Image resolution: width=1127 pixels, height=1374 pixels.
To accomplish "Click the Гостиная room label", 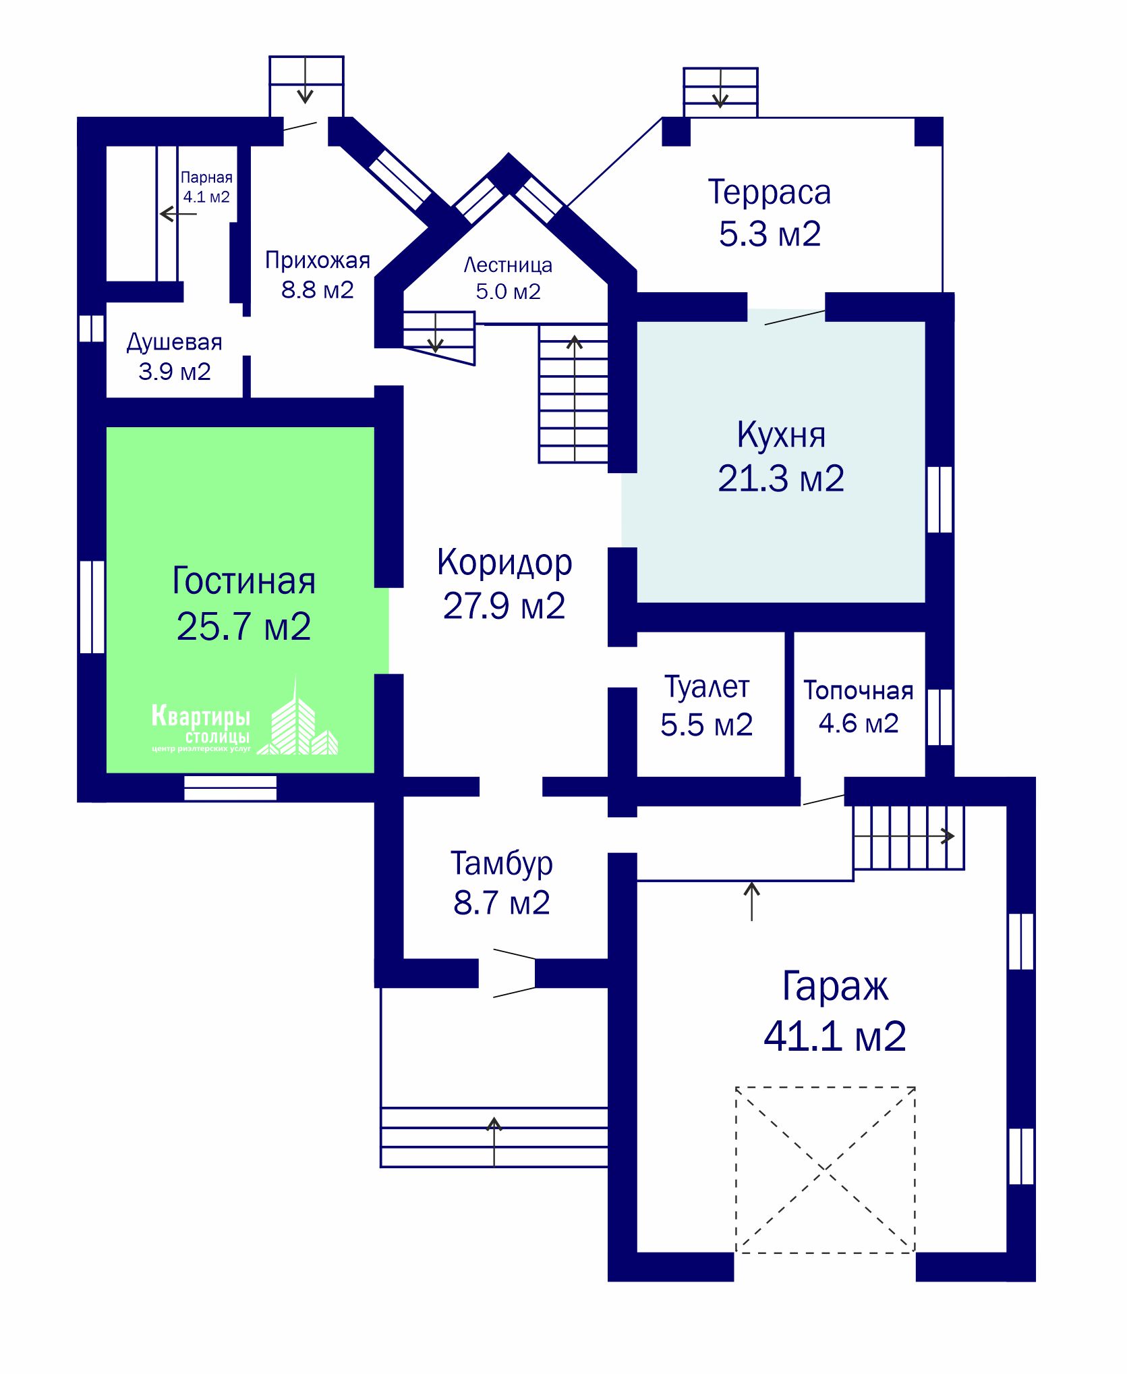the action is click(243, 581).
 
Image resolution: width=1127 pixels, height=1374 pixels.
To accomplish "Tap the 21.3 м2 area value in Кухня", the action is click(781, 478).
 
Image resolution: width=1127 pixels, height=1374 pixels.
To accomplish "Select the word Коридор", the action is click(504, 563).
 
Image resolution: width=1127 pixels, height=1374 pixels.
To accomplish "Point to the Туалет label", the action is click(707, 688).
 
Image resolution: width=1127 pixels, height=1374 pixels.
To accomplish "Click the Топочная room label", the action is click(859, 690).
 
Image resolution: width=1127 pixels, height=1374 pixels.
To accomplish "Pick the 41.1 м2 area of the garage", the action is click(835, 1036).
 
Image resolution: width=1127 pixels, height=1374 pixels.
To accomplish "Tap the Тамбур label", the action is click(502, 864).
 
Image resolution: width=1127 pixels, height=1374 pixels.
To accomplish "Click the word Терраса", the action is click(770, 193).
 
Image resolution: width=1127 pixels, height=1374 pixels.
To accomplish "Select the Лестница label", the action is click(508, 266).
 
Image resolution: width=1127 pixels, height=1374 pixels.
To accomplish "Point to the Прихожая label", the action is click(318, 260).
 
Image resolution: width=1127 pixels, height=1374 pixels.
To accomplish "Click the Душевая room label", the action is click(175, 343).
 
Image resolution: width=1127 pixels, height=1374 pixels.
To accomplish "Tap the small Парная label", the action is click(206, 177).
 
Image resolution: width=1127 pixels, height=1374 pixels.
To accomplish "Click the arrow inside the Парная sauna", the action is click(178, 215).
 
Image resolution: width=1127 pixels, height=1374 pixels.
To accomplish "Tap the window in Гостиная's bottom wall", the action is click(230, 788).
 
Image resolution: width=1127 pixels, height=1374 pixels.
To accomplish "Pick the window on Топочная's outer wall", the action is click(940, 717).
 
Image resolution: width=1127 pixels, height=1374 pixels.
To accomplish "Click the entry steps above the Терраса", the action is click(720, 92).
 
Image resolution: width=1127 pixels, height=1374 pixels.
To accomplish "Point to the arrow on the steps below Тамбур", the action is click(494, 1141).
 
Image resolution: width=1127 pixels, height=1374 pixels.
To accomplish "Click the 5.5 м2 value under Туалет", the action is click(707, 725).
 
